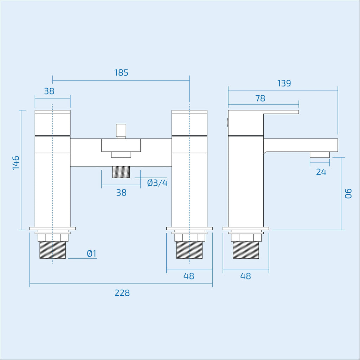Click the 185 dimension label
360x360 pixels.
[121, 72]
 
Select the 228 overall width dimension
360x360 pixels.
[122, 293]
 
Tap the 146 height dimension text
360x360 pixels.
[16, 163]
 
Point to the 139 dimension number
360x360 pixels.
[284, 83]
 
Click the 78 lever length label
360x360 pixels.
[261, 98]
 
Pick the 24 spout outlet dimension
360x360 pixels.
[321, 172]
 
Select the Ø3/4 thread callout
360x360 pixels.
[157, 183]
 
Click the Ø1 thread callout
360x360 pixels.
[92, 253]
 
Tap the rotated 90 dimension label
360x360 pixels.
[348, 194]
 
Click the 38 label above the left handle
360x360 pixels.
[49, 91]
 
